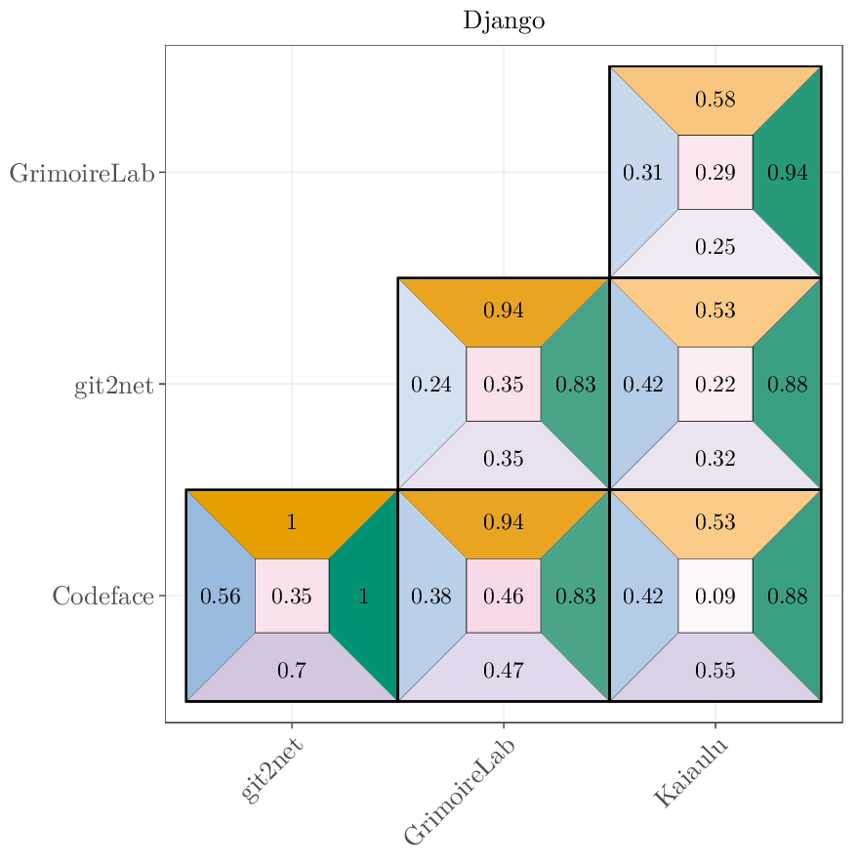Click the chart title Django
point(504,21)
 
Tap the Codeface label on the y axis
point(103,596)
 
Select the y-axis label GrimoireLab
point(82,173)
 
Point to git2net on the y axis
point(114,385)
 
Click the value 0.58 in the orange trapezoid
point(715,100)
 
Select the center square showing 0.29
point(715,173)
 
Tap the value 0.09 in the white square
point(715,596)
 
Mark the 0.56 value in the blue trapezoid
point(220,596)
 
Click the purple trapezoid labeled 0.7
point(291,671)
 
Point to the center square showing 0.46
point(504,596)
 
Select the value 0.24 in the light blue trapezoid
point(430,385)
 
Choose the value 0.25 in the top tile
point(715,247)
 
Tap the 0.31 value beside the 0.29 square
point(642,173)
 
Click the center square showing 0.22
point(715,385)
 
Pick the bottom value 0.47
point(504,671)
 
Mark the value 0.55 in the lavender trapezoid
point(715,671)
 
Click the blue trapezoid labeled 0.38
point(430,596)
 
